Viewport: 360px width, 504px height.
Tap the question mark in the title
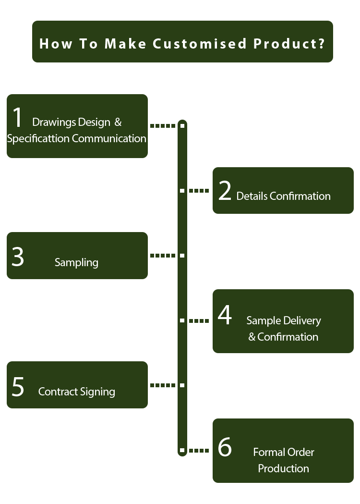click(320, 44)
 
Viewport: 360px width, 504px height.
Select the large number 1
click(18, 118)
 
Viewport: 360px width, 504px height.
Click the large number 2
click(225, 191)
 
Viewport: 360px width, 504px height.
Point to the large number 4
click(225, 316)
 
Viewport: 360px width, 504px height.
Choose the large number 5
click(18, 387)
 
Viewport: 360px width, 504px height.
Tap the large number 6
click(225, 447)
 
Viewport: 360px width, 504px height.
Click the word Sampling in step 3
click(76, 262)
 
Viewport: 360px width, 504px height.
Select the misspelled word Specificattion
click(38, 139)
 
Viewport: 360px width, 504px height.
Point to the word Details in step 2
click(252, 196)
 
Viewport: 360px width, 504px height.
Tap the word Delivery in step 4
click(302, 320)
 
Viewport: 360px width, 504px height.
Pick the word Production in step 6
click(283, 468)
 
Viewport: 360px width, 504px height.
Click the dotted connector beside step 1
click(163, 126)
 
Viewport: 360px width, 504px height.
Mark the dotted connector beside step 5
click(163, 385)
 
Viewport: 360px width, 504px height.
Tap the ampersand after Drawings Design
click(118, 122)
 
